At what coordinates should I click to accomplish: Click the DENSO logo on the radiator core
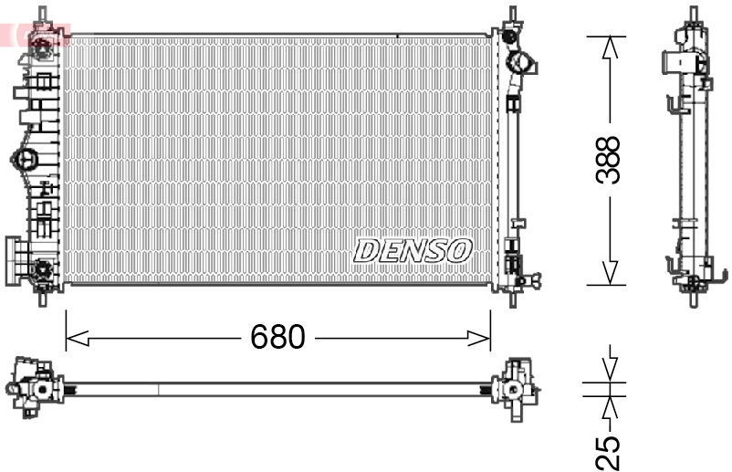pyautogui.click(x=413, y=250)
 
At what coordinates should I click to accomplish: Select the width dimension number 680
pyautogui.click(x=277, y=338)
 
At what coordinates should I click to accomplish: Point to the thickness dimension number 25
pyautogui.click(x=609, y=452)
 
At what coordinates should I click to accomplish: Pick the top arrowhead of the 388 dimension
pyautogui.click(x=611, y=47)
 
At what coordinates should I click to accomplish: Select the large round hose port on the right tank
pyautogui.click(x=523, y=65)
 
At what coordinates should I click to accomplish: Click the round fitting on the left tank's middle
pyautogui.click(x=24, y=159)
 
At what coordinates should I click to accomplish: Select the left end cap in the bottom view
pyautogui.click(x=35, y=389)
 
